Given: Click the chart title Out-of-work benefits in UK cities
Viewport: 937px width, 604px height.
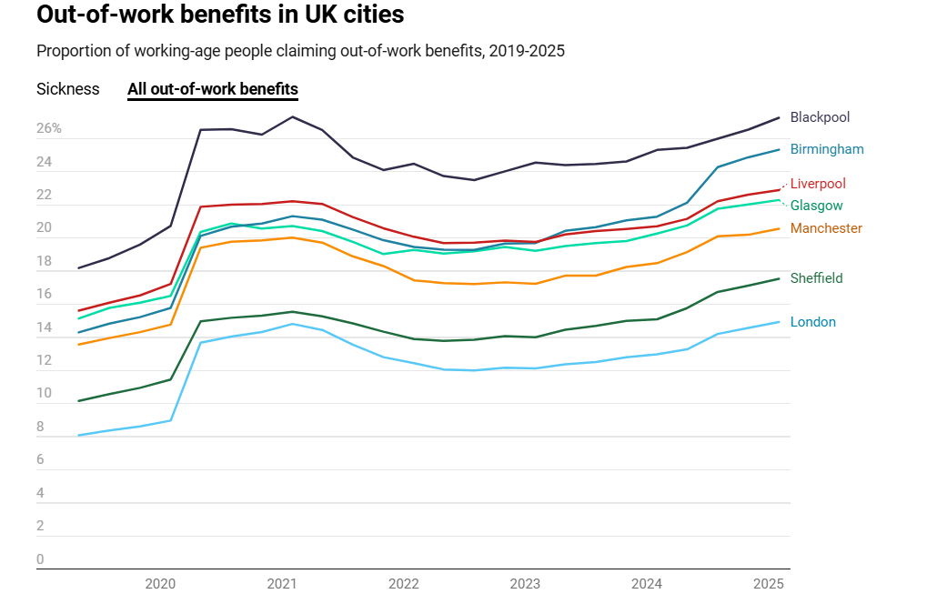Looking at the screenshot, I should click(x=220, y=15).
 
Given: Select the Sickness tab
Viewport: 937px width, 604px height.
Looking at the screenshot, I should click(x=68, y=89).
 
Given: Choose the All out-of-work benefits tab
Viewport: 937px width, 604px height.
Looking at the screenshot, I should click(x=213, y=89).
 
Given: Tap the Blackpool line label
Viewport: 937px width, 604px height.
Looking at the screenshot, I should click(x=820, y=117).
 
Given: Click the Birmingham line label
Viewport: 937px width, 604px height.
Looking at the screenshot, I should click(x=827, y=149).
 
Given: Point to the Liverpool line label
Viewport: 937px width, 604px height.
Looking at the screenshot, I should click(x=818, y=184).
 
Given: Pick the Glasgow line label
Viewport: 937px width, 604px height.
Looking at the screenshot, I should click(x=816, y=206).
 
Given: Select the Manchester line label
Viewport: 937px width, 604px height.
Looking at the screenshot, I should click(x=826, y=228).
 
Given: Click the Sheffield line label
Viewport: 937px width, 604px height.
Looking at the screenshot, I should click(x=816, y=278).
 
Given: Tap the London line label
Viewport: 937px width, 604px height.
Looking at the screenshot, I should click(x=812, y=322).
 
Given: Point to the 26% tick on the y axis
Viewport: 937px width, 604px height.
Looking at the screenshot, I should click(x=49, y=129).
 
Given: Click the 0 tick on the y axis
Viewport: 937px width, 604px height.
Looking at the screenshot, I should click(x=40, y=559).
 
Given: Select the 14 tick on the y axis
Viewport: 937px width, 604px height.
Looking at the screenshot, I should click(x=44, y=327).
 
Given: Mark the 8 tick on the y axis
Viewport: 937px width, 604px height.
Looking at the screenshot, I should click(x=40, y=427).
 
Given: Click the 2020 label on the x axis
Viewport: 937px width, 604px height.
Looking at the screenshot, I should click(x=160, y=583).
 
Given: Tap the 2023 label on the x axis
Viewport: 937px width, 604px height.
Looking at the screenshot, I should click(x=525, y=583).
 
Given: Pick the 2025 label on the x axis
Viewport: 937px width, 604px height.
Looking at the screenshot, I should click(x=769, y=583).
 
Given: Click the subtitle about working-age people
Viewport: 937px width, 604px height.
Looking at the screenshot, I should click(x=300, y=51).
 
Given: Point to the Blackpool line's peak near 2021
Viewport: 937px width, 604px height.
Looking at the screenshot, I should click(x=292, y=116).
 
